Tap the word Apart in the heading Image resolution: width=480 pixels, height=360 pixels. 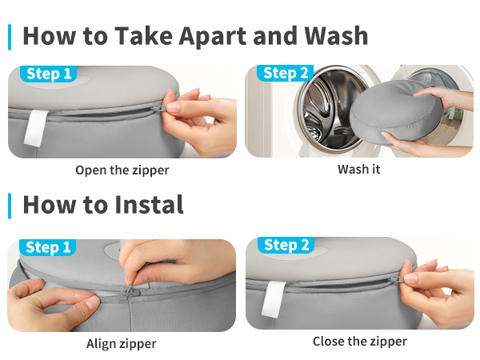click(213, 37)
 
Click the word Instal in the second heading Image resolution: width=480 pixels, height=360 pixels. click(149, 205)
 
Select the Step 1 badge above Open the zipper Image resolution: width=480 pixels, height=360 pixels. click(49, 74)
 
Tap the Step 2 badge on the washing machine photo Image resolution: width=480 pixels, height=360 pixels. click(286, 73)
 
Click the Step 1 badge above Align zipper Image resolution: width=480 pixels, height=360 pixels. click(48, 247)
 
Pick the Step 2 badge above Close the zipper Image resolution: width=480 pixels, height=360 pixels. click(286, 246)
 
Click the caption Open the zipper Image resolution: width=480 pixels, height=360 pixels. click(122, 170)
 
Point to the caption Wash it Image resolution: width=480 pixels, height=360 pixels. click(358, 170)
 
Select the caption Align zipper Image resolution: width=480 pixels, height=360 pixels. click(122, 344)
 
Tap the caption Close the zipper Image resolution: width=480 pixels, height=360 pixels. click(360, 342)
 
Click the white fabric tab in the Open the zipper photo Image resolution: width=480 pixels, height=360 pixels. click(35, 128)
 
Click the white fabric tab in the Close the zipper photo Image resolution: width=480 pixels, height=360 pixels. click(273, 300)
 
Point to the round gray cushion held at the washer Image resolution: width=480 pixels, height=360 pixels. click(396, 112)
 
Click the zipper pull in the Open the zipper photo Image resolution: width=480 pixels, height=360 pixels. click(159, 108)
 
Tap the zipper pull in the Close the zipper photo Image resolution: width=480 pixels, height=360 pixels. click(397, 279)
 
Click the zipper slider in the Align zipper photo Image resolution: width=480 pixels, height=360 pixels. click(128, 291)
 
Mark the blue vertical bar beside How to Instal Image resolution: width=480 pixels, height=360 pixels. click(10, 206)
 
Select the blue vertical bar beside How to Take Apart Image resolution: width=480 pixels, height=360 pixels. click(10, 37)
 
